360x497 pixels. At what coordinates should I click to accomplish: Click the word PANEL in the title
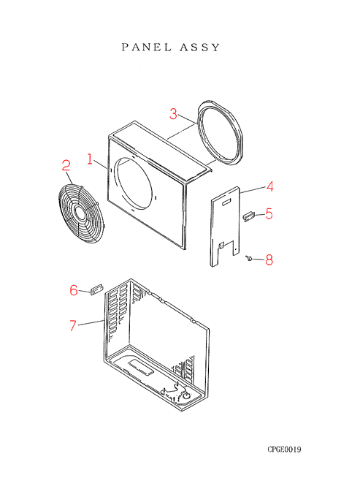pyautogui.click(x=146, y=48)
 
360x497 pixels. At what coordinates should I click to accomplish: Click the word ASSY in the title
pyautogui.click(x=200, y=48)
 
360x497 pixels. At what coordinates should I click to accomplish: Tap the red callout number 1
pyautogui.click(x=90, y=159)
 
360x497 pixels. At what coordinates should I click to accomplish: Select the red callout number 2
pyautogui.click(x=66, y=165)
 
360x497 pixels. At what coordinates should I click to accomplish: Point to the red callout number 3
pyautogui.click(x=173, y=114)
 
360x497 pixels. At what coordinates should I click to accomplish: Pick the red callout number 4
pyautogui.click(x=269, y=186)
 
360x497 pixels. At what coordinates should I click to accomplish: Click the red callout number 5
pyautogui.click(x=269, y=213)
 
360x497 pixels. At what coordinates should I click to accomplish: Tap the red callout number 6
pyautogui.click(x=74, y=290)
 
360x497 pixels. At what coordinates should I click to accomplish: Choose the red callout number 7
pyautogui.click(x=73, y=325)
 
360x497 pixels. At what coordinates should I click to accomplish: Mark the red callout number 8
pyautogui.click(x=269, y=260)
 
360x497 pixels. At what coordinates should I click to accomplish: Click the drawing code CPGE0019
pyautogui.click(x=284, y=449)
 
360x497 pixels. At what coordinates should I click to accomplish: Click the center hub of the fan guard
pyautogui.click(x=80, y=213)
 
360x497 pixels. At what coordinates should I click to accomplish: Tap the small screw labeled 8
pyautogui.click(x=248, y=259)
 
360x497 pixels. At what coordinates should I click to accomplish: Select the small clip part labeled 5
pyautogui.click(x=248, y=217)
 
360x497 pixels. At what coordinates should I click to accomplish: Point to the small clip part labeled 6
pyautogui.click(x=96, y=289)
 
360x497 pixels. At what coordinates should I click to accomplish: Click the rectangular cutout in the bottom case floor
pyautogui.click(x=141, y=368)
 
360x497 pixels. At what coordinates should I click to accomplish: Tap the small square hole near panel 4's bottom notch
pyautogui.click(x=222, y=245)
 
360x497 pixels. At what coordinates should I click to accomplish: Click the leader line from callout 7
pyautogui.click(x=91, y=323)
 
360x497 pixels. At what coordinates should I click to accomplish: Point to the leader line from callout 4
pyautogui.click(x=253, y=189)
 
